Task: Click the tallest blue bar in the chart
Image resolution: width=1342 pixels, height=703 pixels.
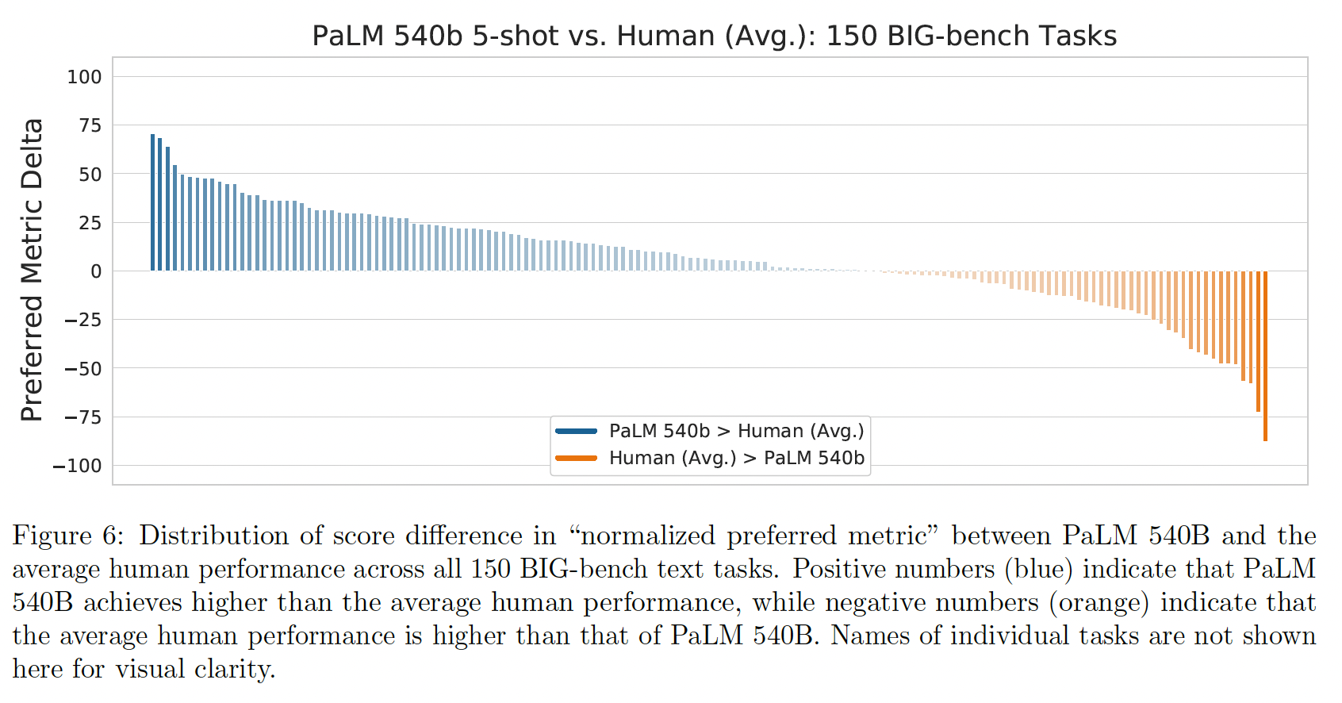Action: (x=152, y=202)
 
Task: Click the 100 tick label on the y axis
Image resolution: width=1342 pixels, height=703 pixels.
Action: (x=84, y=77)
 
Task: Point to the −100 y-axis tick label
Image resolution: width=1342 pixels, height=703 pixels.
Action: (x=77, y=466)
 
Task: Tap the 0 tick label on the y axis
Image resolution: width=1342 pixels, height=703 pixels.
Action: (x=96, y=271)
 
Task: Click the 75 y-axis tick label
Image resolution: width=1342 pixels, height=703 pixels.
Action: (x=90, y=125)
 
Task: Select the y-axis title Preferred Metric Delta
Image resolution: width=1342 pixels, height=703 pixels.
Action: (x=32, y=270)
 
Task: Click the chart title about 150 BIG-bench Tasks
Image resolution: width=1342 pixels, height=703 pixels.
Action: (x=714, y=36)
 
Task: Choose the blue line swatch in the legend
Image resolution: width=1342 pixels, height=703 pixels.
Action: (x=576, y=431)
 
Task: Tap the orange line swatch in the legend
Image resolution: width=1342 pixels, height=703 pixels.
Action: (x=576, y=458)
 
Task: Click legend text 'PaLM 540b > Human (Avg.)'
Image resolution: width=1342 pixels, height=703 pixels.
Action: (x=736, y=431)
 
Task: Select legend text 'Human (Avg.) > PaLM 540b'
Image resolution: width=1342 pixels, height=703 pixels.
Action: (x=736, y=458)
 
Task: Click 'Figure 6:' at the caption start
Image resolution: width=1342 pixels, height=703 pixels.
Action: (x=68, y=536)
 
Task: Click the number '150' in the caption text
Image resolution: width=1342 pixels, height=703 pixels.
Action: (x=490, y=569)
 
